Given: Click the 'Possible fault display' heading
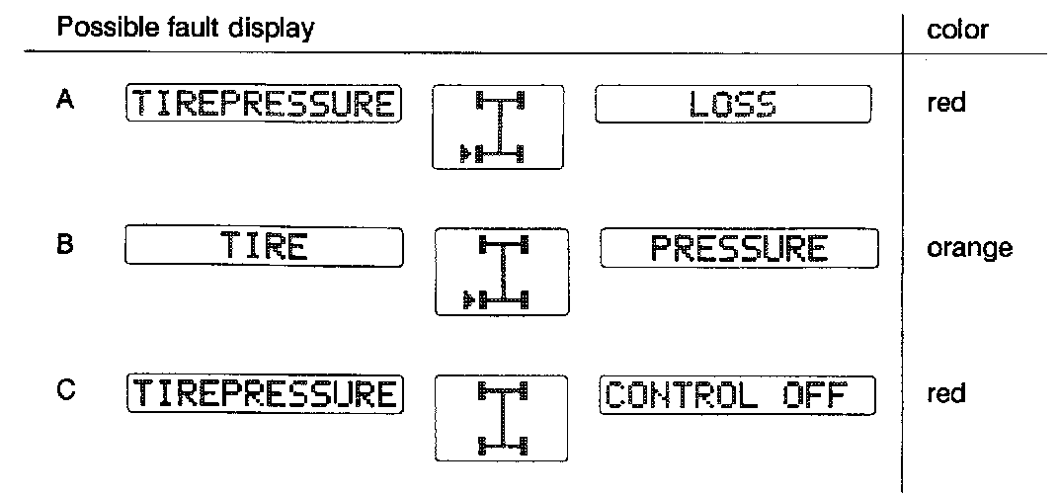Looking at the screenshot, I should click(x=186, y=29).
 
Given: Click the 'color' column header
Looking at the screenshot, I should click(x=958, y=30).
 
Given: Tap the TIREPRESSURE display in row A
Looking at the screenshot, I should click(x=264, y=104).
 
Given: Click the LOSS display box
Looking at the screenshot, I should click(x=732, y=104).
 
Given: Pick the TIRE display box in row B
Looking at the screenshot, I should click(x=264, y=247).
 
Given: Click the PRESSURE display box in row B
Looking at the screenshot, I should click(x=739, y=247).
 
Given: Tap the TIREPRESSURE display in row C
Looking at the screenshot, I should click(x=264, y=394).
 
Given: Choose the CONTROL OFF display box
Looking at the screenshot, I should click(x=737, y=395).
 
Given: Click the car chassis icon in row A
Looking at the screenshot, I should click(x=498, y=127).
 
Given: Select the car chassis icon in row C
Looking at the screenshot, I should click(x=502, y=418).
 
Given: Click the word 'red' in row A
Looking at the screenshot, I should click(x=946, y=103).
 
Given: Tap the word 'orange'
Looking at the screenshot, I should click(x=969, y=247).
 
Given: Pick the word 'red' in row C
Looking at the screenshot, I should click(x=946, y=394).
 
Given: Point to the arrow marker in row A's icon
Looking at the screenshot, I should click(x=461, y=153).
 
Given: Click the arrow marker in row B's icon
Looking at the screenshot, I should click(x=465, y=296).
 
